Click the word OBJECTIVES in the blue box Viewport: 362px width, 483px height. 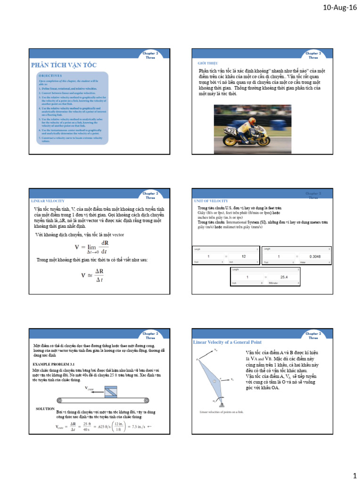50,75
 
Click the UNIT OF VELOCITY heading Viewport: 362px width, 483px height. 211,200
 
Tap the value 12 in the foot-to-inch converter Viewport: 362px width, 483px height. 244,256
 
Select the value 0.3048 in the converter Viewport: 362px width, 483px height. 315,256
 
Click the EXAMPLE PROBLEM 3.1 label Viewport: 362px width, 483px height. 53,364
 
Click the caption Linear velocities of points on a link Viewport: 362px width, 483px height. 222,412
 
